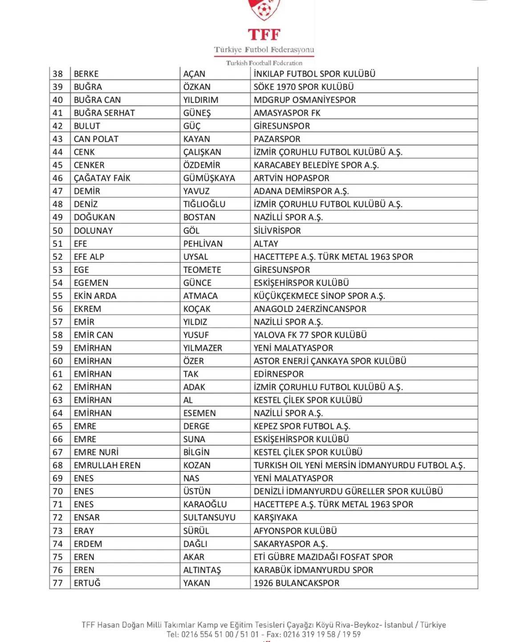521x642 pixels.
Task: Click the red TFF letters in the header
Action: coord(264,35)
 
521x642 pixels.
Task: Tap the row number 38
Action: coord(58,74)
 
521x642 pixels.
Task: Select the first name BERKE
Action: coord(86,74)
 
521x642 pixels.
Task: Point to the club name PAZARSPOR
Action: coord(277,139)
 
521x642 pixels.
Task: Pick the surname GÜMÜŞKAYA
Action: coord(209,178)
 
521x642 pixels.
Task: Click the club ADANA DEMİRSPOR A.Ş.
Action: coord(301,191)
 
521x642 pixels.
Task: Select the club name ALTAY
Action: coord(266,244)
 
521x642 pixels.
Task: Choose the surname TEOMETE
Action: coord(202,270)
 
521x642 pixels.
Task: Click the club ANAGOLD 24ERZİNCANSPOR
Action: coord(310,309)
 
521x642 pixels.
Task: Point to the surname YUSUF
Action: coord(196,335)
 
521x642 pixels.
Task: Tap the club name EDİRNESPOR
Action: coord(279,374)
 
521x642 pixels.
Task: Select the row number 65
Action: coord(58,426)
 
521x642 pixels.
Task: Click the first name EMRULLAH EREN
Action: coord(107,466)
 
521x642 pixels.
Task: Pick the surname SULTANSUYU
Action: coord(209,518)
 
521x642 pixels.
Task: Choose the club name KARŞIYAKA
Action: coord(275,518)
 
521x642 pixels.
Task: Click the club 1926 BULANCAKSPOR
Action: coord(297,583)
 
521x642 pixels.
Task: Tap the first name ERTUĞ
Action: coord(87,583)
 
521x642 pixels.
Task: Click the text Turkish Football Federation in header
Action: coord(264,63)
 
